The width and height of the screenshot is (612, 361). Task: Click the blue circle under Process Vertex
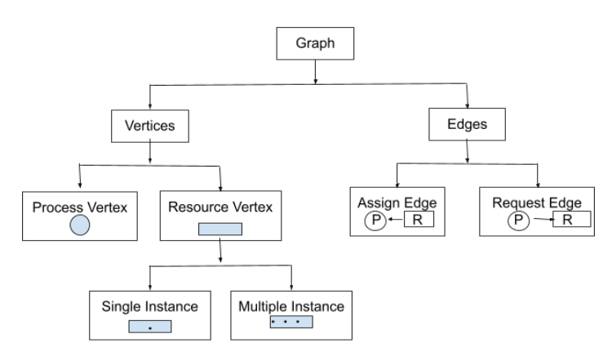[x=78, y=225]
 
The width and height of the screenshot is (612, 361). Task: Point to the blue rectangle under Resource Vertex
[x=220, y=228]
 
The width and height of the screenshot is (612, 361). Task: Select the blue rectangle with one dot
[x=149, y=327]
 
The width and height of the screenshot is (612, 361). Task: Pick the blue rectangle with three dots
[x=291, y=323]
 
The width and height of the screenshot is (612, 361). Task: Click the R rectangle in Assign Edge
[x=417, y=220]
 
